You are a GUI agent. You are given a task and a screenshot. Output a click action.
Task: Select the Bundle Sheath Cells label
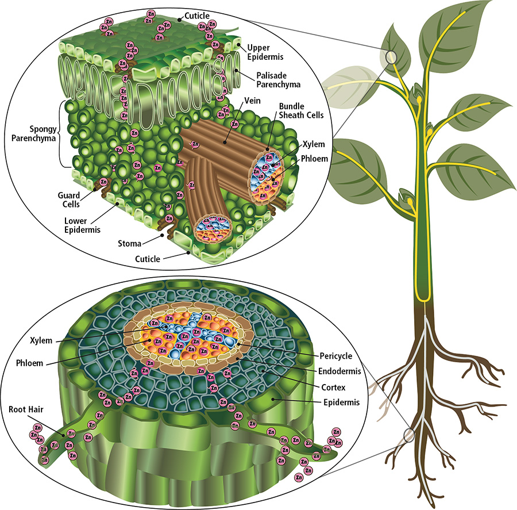[301, 110]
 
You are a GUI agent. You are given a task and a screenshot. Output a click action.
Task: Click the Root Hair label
[25, 410]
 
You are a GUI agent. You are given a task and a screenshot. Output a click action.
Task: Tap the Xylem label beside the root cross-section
[42, 340]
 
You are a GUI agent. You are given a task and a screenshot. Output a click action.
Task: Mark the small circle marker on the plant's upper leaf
[391, 56]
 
